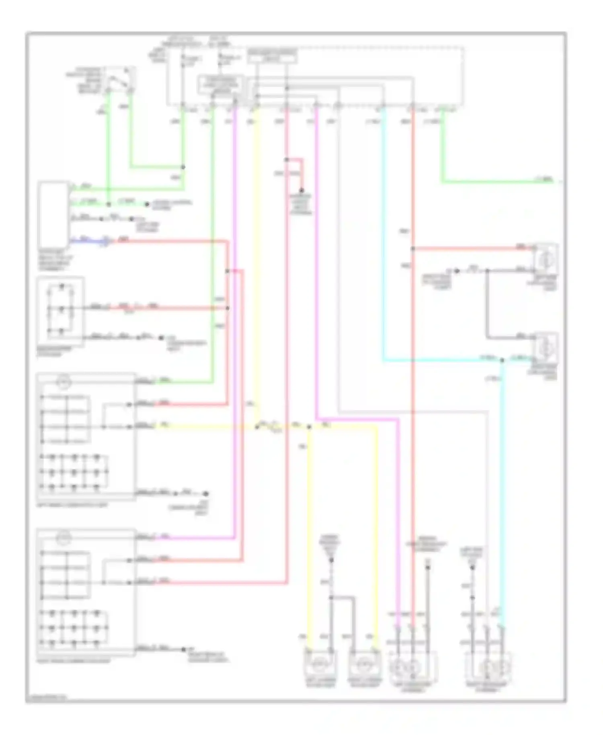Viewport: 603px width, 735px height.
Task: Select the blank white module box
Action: (x=53, y=215)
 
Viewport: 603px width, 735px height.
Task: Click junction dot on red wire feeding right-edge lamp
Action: (x=413, y=249)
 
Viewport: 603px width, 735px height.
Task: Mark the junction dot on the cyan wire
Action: (x=502, y=360)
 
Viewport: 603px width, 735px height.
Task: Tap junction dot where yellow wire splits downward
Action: (x=309, y=427)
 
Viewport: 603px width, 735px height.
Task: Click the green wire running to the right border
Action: (x=498, y=182)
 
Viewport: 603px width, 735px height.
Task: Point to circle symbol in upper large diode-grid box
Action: (x=64, y=382)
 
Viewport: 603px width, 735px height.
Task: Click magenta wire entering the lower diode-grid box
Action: (x=193, y=538)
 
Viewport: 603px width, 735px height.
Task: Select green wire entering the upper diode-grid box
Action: (x=185, y=382)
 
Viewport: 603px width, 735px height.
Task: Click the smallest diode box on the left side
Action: (x=60, y=311)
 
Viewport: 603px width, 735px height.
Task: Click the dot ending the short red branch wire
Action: (x=301, y=191)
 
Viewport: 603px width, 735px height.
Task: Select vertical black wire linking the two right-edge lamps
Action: (x=487, y=304)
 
